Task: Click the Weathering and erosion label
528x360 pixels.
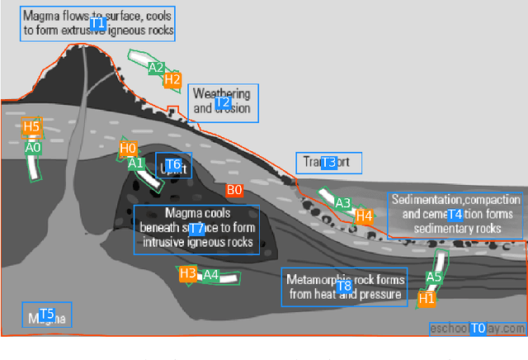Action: coord(223,102)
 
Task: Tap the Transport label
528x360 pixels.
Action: coord(328,163)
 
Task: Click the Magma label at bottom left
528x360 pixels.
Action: coord(46,315)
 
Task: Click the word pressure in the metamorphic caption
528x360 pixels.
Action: coord(380,294)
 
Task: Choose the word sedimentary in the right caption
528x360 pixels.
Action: coord(441,229)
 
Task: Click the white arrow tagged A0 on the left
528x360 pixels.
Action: coord(34,165)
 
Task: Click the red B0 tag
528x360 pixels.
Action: coord(234,190)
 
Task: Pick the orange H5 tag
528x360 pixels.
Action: coord(31,126)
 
